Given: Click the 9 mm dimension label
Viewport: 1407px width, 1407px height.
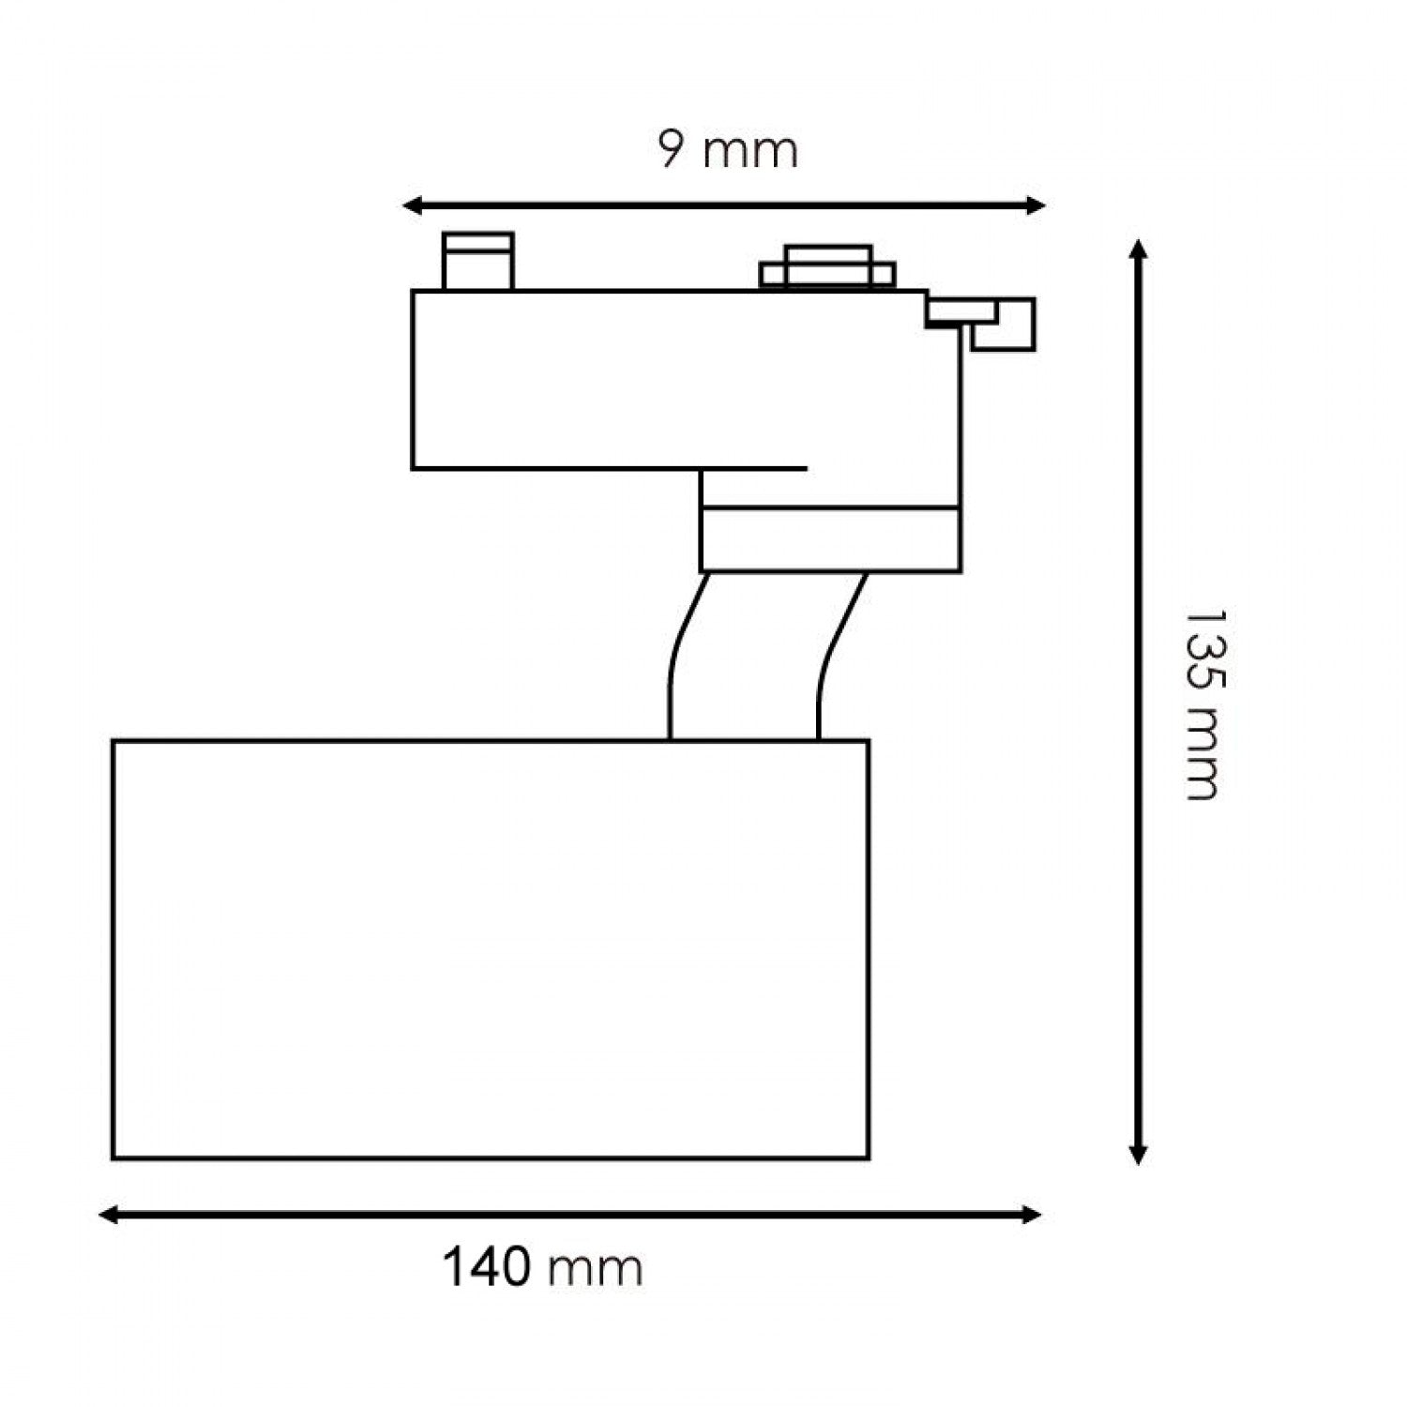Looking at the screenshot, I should (728, 151).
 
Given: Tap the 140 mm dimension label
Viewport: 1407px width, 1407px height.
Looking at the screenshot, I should (542, 1268).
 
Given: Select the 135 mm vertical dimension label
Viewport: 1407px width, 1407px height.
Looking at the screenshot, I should (1202, 704).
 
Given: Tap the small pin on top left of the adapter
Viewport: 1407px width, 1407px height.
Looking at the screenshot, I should (477, 261).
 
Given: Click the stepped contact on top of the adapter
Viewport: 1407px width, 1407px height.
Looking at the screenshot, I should (827, 266).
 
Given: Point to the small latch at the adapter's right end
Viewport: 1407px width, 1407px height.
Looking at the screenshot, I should (994, 323).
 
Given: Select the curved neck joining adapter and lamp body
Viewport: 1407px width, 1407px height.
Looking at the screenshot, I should (746, 657).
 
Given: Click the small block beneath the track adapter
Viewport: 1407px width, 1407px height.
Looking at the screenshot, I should (830, 539).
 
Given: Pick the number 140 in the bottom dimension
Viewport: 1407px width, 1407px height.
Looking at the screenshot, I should (486, 1268).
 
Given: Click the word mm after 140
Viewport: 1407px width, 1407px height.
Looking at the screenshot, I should (596, 1270).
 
